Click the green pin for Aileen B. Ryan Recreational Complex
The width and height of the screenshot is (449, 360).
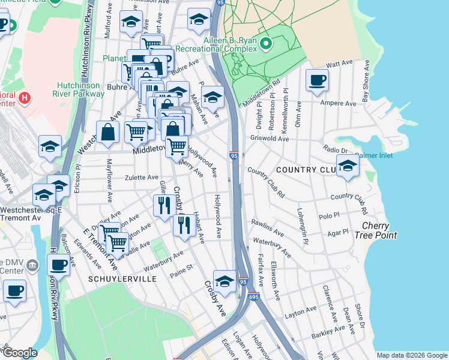coord(269,43)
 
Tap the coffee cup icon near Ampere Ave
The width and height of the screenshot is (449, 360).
coord(317,80)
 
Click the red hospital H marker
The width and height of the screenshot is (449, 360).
coord(25,98)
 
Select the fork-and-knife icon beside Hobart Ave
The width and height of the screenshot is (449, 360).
coord(183,226)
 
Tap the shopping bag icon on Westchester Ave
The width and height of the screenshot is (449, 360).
coord(107,133)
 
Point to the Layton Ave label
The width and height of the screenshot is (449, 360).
coord(300,314)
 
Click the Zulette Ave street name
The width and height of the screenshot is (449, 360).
coord(141,178)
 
